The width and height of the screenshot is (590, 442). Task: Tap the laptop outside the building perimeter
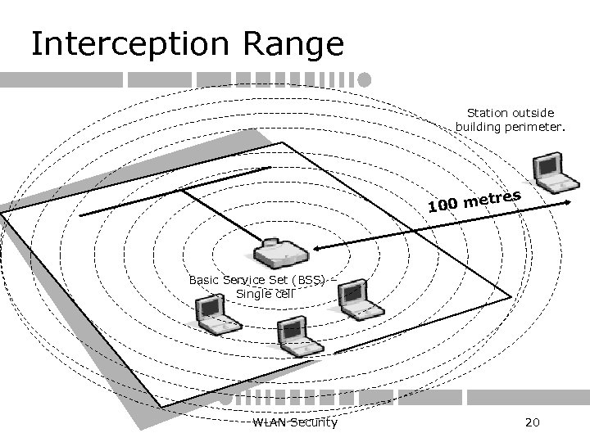click(x=549, y=171)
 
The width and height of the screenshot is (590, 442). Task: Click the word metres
click(x=493, y=197)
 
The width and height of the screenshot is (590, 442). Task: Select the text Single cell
click(x=265, y=293)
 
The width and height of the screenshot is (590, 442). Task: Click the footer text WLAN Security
click(x=295, y=422)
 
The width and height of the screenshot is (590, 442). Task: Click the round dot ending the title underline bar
click(x=364, y=79)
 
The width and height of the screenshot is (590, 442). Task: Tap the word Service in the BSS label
click(x=239, y=279)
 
